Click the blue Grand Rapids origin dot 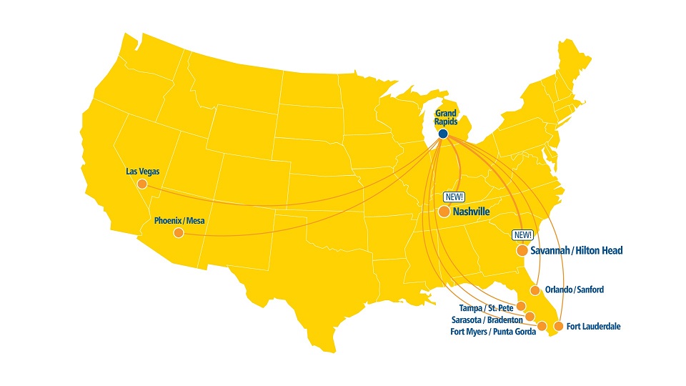(x=442, y=134)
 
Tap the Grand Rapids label (x=446, y=117)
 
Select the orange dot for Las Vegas (x=142, y=184)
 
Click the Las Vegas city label (x=142, y=172)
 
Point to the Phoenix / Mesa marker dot (x=178, y=233)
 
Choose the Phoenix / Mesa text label (x=179, y=221)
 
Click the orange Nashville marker (x=444, y=212)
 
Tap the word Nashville (x=472, y=212)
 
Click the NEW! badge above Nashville (x=454, y=197)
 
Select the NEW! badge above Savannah (x=522, y=235)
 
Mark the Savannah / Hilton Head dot (x=522, y=251)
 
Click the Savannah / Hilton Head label (x=577, y=251)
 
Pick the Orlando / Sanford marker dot (x=535, y=290)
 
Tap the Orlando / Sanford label (x=574, y=289)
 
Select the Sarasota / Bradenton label (x=487, y=320)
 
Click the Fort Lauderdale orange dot (x=559, y=327)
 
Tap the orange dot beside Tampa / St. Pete (x=521, y=307)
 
